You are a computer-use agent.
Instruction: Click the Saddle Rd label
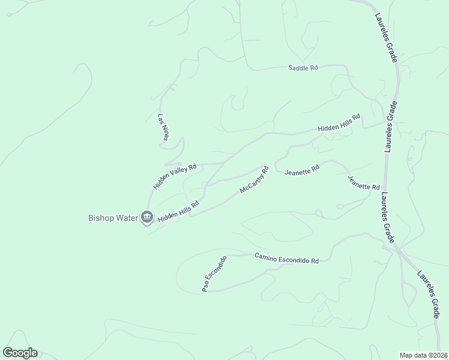coord(303,68)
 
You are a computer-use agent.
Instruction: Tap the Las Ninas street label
coord(163,128)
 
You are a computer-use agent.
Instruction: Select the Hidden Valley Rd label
coord(175,177)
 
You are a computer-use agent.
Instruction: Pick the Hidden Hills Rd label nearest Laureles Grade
coord(339,122)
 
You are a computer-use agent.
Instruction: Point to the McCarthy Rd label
coord(253,180)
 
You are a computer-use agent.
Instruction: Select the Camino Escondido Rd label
coord(286,258)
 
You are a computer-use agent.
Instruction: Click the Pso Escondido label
coord(214,275)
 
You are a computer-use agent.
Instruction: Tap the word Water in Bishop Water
coord(124,217)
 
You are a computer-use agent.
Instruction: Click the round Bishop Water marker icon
coord(147,217)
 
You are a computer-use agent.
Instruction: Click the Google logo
coord(20,353)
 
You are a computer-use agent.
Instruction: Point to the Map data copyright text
coord(424,355)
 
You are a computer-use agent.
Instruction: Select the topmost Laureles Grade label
coord(387,38)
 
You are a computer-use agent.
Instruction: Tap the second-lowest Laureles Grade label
coord(388,217)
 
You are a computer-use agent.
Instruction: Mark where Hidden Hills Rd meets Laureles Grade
coord(385,123)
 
